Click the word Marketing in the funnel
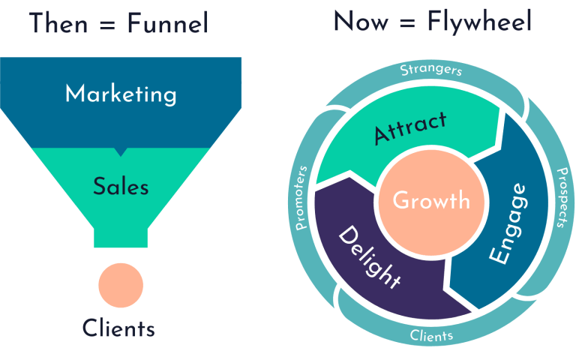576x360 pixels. point(121,94)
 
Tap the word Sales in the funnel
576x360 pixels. point(121,186)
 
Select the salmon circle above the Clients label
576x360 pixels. point(121,285)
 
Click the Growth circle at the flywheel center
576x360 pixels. point(431,201)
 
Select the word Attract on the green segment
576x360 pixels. point(410,127)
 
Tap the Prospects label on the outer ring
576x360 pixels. point(561,196)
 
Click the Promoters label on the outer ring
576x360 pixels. point(302,196)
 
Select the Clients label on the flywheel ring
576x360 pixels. point(431,335)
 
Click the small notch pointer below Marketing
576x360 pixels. point(121,151)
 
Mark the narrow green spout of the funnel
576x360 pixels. point(121,233)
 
